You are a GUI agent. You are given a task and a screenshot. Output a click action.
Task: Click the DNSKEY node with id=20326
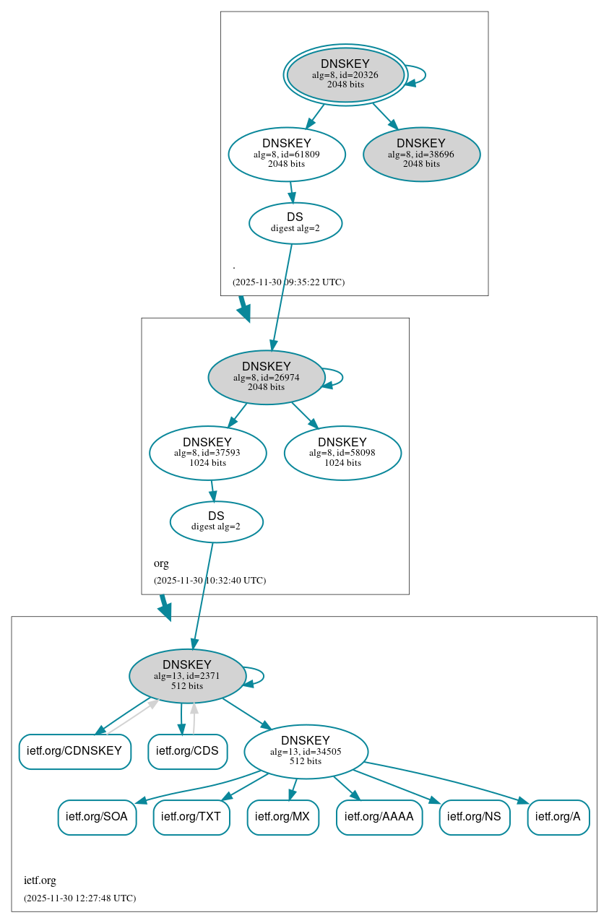[x=345, y=75]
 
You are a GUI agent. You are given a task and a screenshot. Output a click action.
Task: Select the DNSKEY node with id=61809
[x=287, y=154]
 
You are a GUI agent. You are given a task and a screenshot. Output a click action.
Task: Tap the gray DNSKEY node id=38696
[x=421, y=154]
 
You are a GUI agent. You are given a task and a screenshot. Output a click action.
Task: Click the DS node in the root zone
[x=295, y=223]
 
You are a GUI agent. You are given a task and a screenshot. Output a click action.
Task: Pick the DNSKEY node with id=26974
[x=266, y=377]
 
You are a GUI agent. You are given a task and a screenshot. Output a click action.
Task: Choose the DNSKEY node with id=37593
[x=207, y=453]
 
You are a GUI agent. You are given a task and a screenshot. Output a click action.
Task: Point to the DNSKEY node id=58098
[x=342, y=453]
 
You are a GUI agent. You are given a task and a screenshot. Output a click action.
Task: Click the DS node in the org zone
[x=216, y=521]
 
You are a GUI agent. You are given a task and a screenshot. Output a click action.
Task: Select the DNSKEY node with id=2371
[x=187, y=676]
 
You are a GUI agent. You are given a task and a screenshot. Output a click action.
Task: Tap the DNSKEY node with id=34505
[x=306, y=751]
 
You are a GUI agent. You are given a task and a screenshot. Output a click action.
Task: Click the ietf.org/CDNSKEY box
[x=74, y=751]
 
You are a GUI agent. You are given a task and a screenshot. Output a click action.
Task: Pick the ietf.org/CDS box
[x=187, y=751]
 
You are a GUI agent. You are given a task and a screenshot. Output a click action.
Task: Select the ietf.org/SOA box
[x=97, y=817]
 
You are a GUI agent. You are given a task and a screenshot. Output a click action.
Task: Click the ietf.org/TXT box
[x=191, y=817]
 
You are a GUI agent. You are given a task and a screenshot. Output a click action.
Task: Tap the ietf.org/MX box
[x=283, y=817]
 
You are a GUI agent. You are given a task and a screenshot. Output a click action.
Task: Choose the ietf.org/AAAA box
[x=379, y=817]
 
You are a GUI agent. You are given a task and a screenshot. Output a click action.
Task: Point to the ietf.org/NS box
[x=475, y=817]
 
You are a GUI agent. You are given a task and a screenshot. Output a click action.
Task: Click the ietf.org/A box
[x=558, y=817]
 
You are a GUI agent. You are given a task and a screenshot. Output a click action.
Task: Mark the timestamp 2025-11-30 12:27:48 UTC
[x=79, y=898]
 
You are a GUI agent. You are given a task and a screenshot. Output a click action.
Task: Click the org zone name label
[x=161, y=563]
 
